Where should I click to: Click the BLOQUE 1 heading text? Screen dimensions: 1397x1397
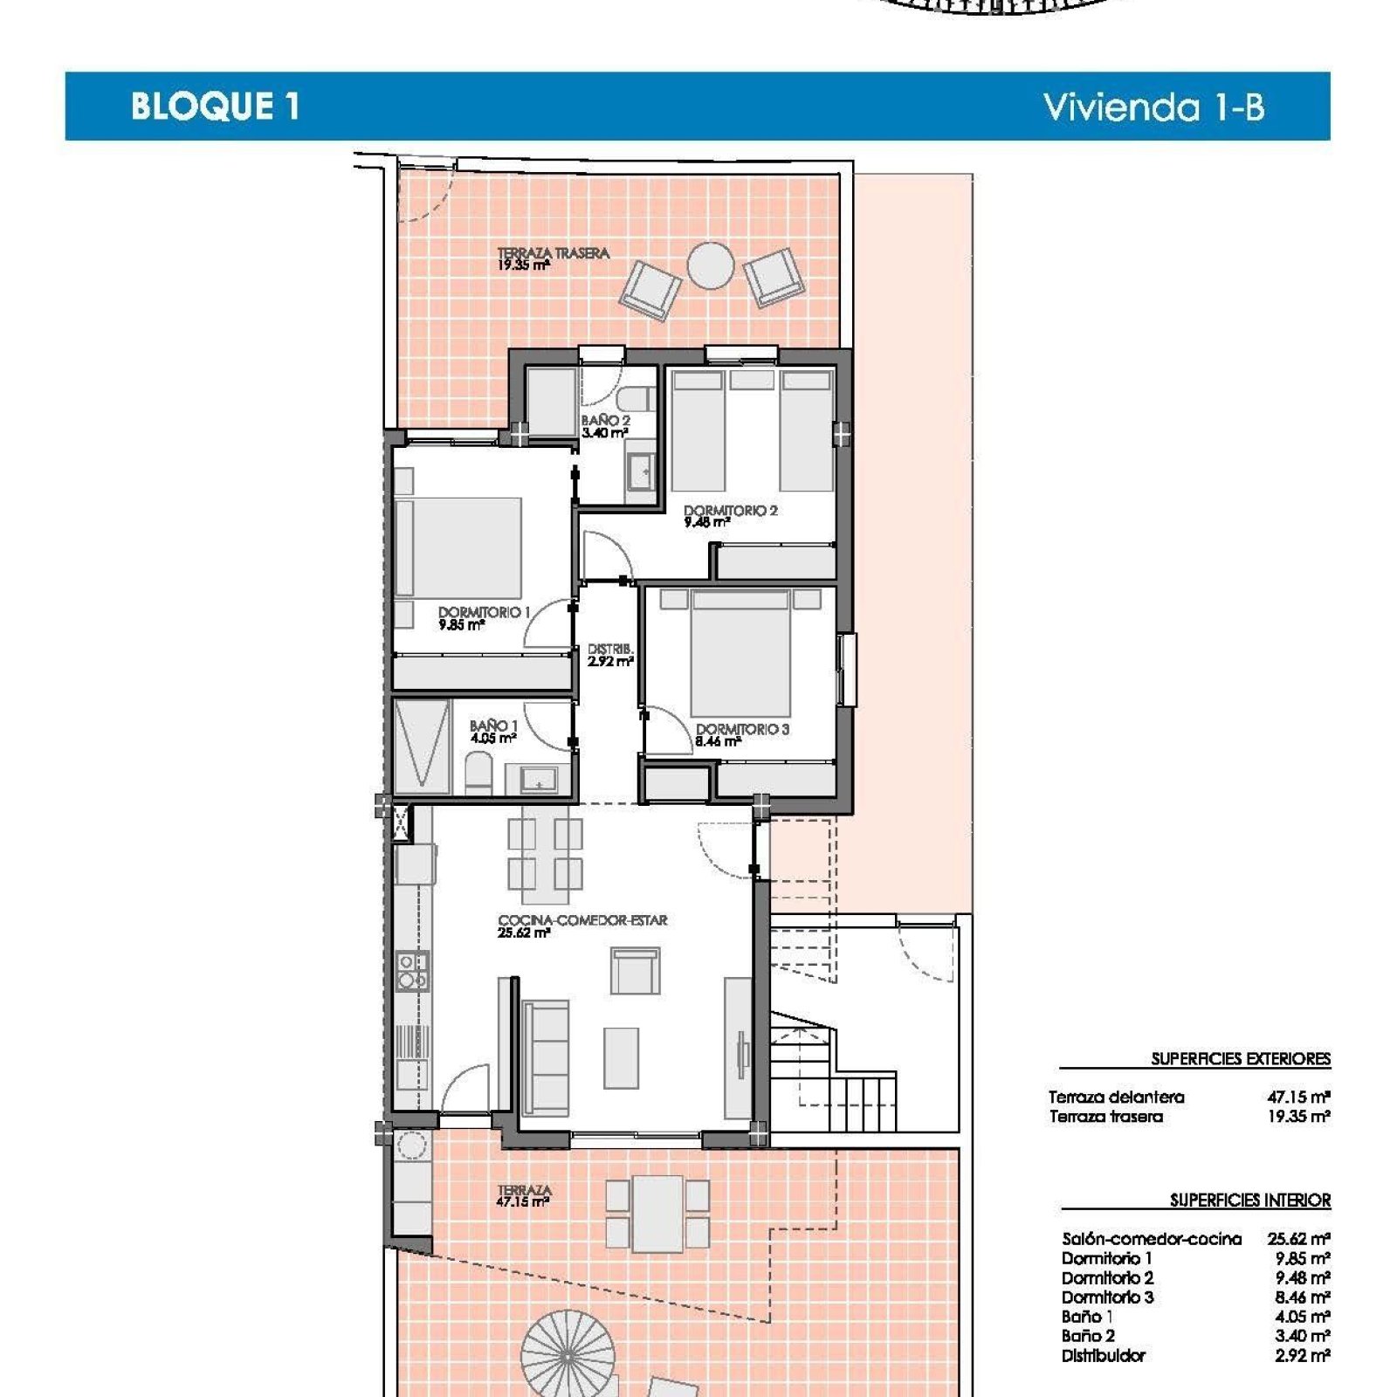click(215, 106)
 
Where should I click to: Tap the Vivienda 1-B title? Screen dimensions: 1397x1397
click(1153, 107)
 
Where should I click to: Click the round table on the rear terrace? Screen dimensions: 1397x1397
click(711, 265)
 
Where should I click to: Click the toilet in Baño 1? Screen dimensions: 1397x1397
click(478, 774)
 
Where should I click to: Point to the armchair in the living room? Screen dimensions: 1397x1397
click(635, 971)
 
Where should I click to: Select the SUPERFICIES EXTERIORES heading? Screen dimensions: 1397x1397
click(1241, 1059)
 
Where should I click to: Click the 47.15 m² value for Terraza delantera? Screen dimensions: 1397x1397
click(1298, 1097)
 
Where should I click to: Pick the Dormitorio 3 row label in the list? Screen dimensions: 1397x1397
click(1107, 1297)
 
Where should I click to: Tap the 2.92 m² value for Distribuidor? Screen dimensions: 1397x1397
click(1303, 1356)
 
